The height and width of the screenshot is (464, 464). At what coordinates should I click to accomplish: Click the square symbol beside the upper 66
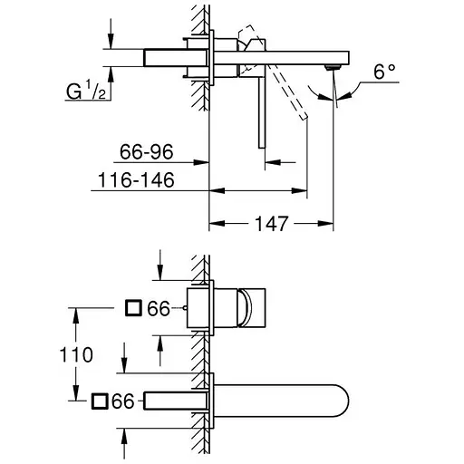pyautogui.click(x=132, y=309)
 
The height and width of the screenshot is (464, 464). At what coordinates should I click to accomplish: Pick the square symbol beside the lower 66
pyautogui.click(x=101, y=400)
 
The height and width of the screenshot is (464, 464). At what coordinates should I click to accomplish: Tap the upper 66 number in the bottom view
pyautogui.click(x=159, y=309)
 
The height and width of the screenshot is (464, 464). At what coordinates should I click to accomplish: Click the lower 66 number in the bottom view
pyautogui.click(x=126, y=400)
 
